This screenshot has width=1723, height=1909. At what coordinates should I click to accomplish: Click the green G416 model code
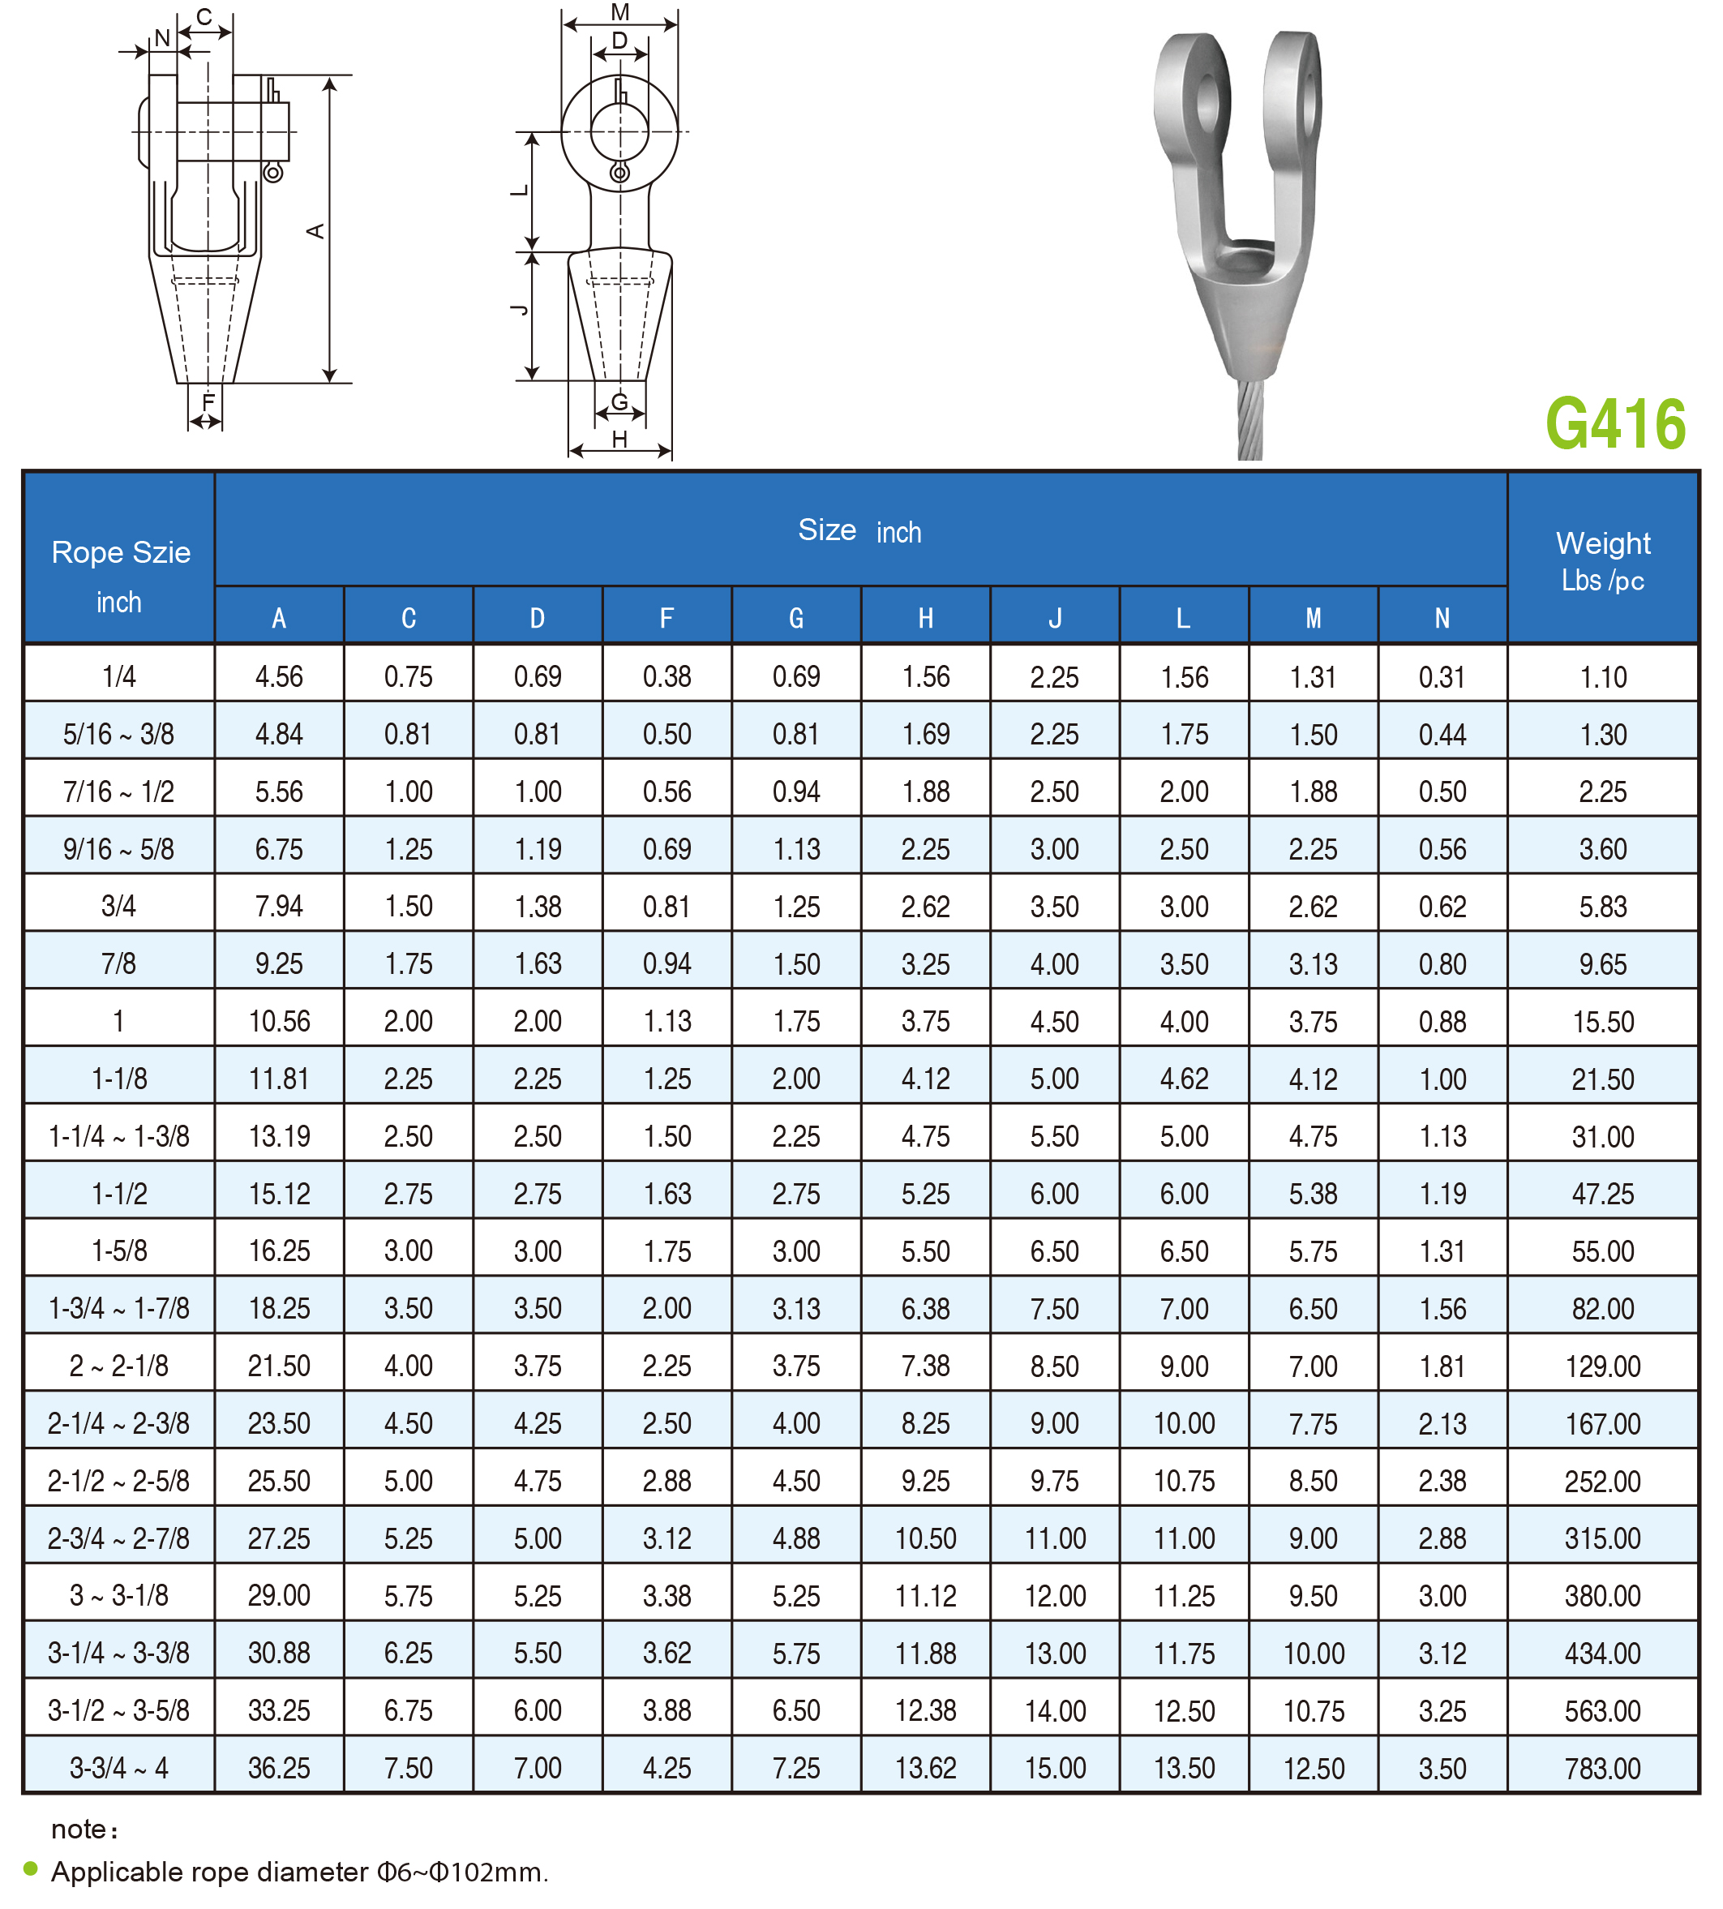(1615, 423)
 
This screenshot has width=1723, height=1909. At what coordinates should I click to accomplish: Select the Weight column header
(1603, 559)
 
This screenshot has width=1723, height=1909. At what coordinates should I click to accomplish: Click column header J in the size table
(1055, 617)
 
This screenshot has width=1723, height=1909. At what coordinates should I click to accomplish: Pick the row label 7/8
(119, 964)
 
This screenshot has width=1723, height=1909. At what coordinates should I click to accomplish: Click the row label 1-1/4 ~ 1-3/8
(119, 1136)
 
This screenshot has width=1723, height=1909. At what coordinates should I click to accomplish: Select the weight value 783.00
(1603, 1768)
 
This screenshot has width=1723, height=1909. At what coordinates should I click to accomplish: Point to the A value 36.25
(279, 1768)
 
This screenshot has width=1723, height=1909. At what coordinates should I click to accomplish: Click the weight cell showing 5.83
(1603, 906)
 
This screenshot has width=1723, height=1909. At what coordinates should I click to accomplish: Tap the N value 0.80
(1442, 964)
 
